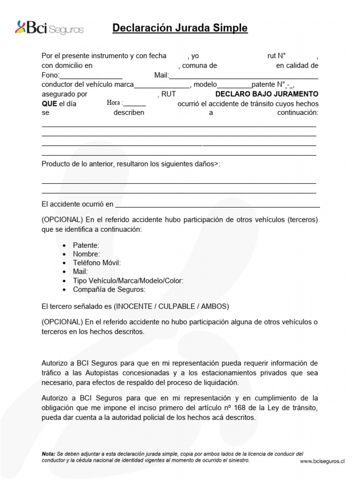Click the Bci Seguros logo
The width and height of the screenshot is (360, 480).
49,28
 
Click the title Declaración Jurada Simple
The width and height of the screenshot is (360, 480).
180,28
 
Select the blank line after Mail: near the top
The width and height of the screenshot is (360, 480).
243,76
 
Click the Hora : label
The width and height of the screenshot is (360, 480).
115,104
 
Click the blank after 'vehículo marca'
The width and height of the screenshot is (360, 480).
162,85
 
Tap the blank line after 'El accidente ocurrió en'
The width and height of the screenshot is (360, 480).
217,205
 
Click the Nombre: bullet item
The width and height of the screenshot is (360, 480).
86,254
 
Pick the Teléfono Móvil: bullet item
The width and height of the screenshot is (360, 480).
97,263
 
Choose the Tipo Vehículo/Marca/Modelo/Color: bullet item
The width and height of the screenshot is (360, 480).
128,281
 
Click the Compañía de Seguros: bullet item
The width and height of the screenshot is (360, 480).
109,290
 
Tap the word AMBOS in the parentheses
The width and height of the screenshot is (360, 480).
213,307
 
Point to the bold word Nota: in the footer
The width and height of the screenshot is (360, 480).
48,454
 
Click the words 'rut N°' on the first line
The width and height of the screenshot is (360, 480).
277,56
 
